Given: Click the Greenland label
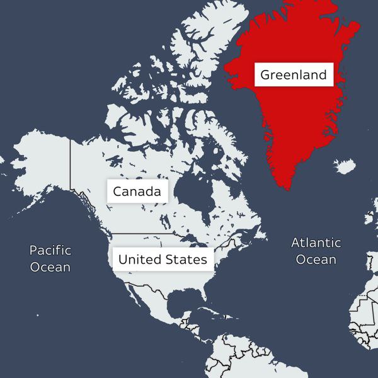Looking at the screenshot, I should pyautogui.click(x=294, y=76).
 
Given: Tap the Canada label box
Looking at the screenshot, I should pyautogui.click(x=137, y=192).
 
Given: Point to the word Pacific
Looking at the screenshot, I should pyautogui.click(x=50, y=250).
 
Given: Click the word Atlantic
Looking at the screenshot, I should pyautogui.click(x=316, y=243).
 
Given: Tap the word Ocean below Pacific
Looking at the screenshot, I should pyautogui.click(x=50, y=267).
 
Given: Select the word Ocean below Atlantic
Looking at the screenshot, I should pyautogui.click(x=316, y=260).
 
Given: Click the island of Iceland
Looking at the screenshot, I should pyautogui.click(x=345, y=167).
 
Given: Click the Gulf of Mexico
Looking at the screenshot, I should pyautogui.click(x=176, y=302).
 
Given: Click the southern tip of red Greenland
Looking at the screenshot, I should pyautogui.click(x=287, y=186).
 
